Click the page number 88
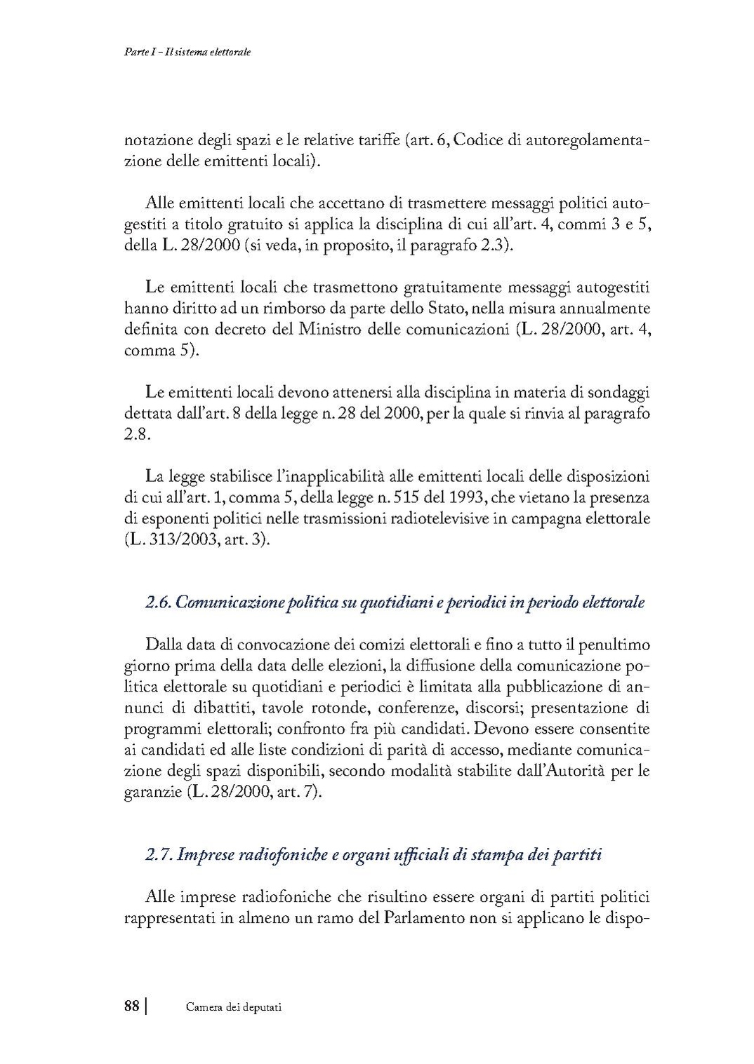coord(131,1006)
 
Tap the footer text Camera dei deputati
coord(234,1007)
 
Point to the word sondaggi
coord(618,392)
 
